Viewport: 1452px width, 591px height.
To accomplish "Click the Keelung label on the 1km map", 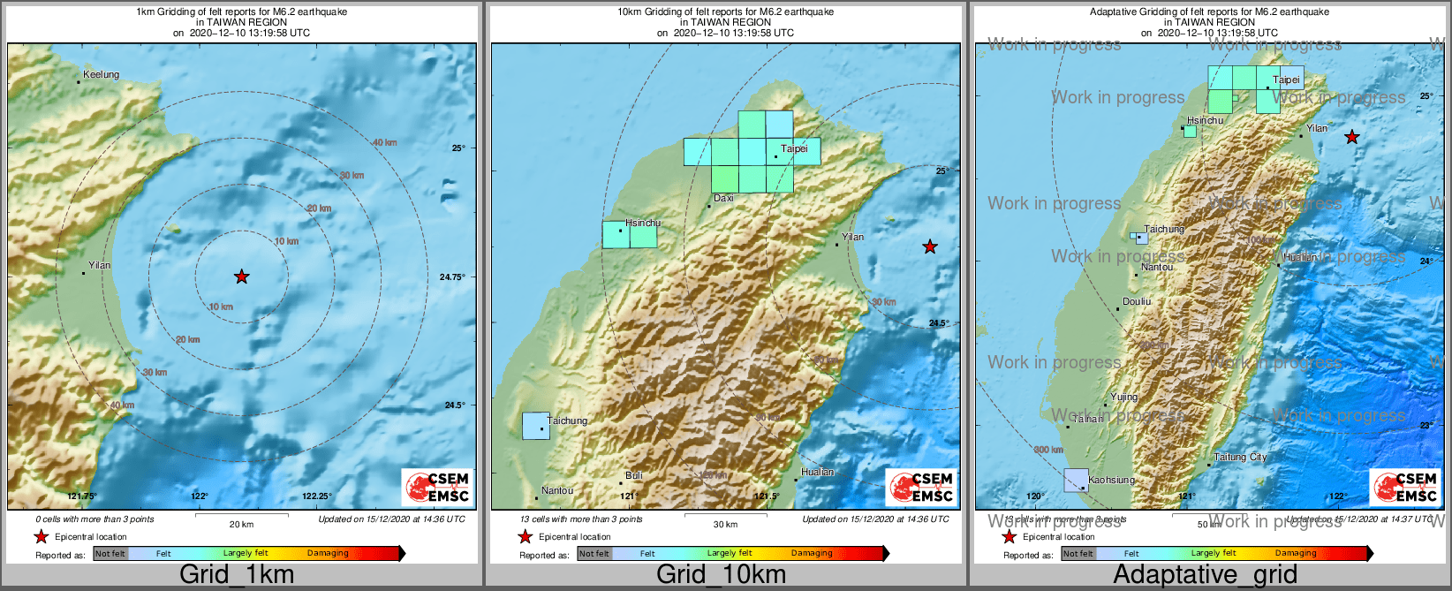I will (x=101, y=74).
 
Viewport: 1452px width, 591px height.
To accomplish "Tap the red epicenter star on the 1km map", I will (x=242, y=277).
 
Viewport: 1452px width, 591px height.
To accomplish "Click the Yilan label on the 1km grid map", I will (x=100, y=265).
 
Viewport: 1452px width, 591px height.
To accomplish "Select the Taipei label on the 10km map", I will (x=794, y=148).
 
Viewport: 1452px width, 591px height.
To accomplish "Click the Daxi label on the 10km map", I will (x=723, y=198).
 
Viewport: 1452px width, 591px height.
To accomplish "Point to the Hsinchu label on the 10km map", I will (x=642, y=224).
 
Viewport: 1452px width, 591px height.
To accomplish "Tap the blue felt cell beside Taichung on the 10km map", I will (x=535, y=426).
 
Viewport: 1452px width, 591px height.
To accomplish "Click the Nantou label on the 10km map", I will (x=557, y=490).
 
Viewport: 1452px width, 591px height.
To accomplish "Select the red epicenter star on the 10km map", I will (x=930, y=247).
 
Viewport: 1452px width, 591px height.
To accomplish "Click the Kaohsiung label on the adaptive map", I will (x=1111, y=480).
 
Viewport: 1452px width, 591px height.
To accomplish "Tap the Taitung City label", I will (x=1240, y=457).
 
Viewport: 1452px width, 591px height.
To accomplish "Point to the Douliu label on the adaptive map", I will (x=1137, y=301).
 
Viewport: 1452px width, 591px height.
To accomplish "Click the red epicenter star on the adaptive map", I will (x=1351, y=137).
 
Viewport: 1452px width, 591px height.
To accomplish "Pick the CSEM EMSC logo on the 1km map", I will (x=437, y=488).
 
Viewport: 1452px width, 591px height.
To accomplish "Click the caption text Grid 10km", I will (x=721, y=574).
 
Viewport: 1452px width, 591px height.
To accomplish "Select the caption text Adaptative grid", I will (x=1205, y=574).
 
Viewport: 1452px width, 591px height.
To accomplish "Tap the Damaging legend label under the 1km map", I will (x=328, y=553).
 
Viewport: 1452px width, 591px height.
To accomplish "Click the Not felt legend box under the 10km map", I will (x=594, y=554).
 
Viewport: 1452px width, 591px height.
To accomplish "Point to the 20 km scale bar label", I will (x=241, y=524).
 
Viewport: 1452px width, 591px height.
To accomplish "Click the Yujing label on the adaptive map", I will (x=1123, y=397).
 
